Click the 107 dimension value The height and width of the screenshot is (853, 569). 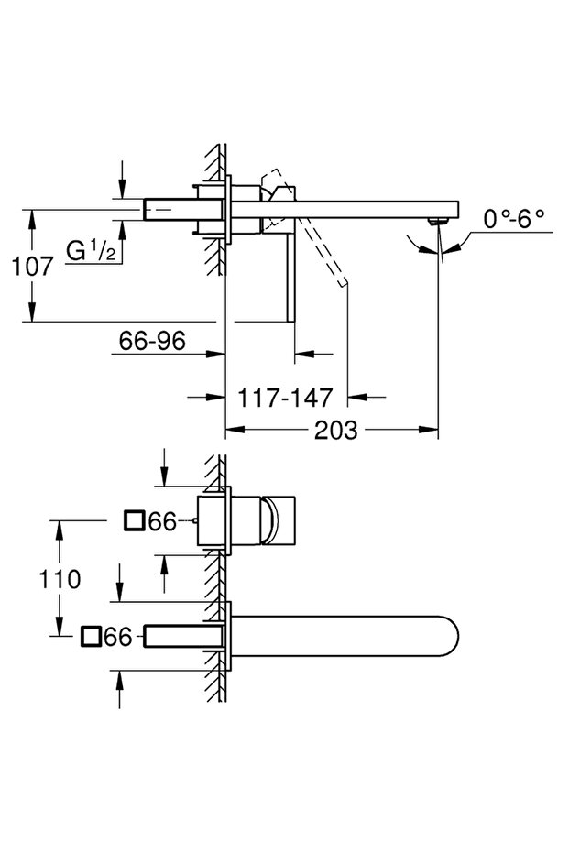point(32,267)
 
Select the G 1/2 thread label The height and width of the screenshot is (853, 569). point(91,249)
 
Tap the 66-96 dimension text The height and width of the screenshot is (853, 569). point(152,341)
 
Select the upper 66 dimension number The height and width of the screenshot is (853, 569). point(161,522)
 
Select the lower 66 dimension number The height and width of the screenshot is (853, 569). point(118,637)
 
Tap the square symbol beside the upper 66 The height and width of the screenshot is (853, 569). point(134,522)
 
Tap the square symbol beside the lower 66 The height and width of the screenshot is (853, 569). point(91,637)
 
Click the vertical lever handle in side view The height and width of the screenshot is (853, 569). point(292,275)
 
